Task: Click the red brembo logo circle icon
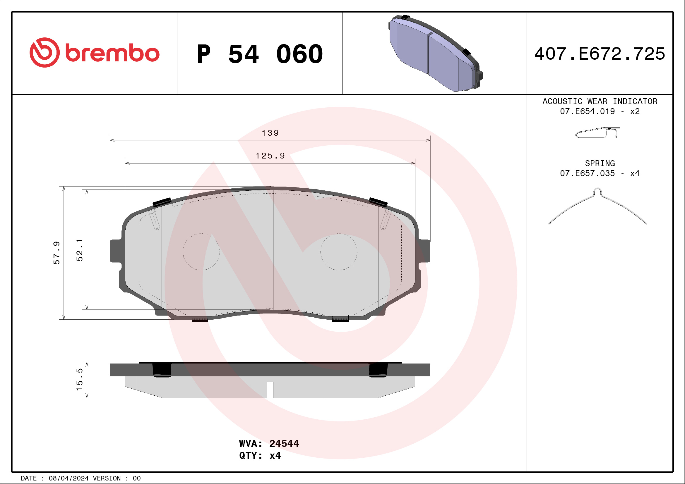44,52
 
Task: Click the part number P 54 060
260,54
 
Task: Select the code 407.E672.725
600,54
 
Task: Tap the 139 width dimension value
270,133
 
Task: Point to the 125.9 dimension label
270,156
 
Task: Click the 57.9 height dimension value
57,253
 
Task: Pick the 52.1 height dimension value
80,250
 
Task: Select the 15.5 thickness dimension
80,379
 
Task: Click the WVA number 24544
284,443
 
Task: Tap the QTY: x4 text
260,456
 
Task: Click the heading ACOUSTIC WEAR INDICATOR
600,101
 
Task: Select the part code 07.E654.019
587,111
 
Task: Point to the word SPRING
600,163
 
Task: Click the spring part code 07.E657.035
587,173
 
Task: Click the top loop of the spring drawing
597,191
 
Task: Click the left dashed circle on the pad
201,252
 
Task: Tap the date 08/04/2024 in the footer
68,478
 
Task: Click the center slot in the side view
270,389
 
